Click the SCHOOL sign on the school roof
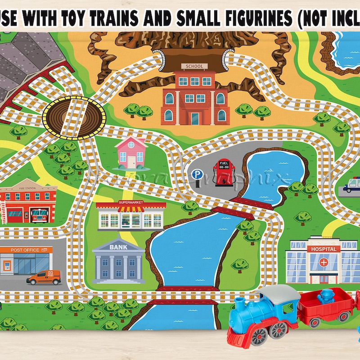[x=194, y=66]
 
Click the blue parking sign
[x=197, y=174]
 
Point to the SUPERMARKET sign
[x=131, y=202]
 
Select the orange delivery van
[x=44, y=277]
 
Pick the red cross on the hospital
[x=323, y=262]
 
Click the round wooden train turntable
[x=74, y=115]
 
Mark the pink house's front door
[x=131, y=161]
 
